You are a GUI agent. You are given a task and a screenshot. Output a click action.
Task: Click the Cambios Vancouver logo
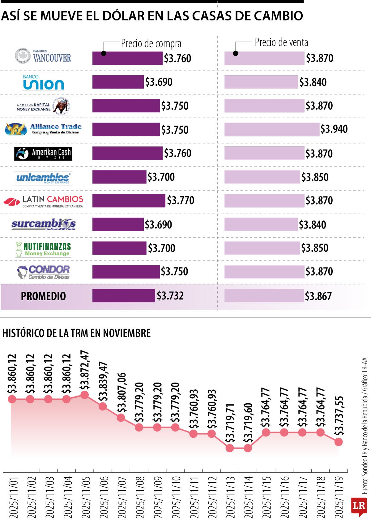43,56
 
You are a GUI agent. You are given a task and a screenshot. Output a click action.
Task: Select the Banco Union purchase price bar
118,82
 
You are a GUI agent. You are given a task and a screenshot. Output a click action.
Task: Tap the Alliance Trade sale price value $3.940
334,129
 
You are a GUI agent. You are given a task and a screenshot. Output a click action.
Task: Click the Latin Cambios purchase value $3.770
181,201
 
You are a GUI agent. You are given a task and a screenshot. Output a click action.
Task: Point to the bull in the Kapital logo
61,106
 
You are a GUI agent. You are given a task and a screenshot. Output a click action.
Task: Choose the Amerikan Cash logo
43,154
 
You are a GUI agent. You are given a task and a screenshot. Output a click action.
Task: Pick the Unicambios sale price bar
262,177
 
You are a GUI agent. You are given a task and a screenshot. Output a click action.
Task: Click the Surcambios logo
44,224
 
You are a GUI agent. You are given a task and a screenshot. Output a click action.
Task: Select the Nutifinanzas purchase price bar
119,248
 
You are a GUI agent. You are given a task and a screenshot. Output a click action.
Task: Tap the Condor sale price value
319,271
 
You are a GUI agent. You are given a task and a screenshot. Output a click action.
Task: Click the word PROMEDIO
43,296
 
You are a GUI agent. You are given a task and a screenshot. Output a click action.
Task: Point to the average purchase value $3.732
170,296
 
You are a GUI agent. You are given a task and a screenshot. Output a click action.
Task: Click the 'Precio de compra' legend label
151,44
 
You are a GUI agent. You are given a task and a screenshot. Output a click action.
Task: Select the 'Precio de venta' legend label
281,42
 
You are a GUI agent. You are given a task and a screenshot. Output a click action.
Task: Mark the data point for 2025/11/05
84,395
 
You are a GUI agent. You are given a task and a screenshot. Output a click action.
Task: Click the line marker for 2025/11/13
230,448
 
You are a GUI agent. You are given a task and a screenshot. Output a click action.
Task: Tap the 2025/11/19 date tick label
339,497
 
